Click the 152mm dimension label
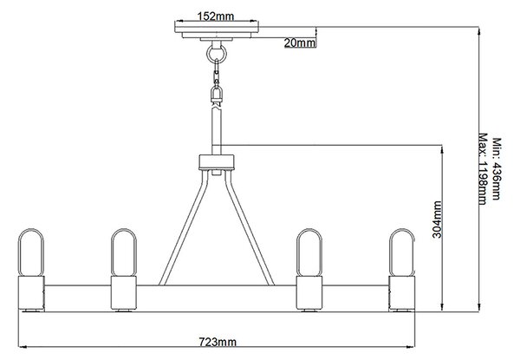[216, 16]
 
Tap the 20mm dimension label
[299, 43]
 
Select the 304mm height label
[437, 219]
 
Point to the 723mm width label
[218, 342]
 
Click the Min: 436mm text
[496, 169]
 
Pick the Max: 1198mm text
[483, 169]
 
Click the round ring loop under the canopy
[217, 53]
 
